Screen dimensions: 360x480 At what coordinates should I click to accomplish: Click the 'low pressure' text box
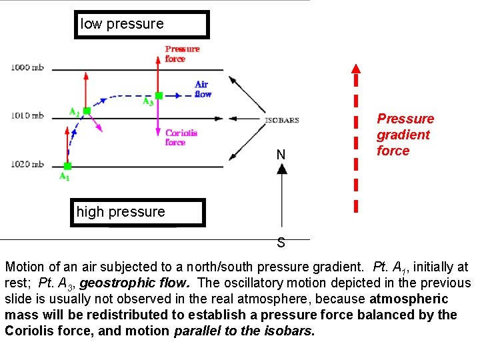tap(141, 25)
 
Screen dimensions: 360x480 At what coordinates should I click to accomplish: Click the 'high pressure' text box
tap(137, 213)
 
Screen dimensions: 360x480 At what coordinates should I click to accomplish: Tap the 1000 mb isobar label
tap(27, 67)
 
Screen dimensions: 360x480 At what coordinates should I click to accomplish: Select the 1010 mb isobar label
tap(27, 116)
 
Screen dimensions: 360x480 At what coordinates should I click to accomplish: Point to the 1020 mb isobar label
tap(27, 165)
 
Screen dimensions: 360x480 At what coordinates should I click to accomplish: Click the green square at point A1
tap(67, 166)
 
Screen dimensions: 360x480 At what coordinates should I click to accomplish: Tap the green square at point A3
tap(159, 96)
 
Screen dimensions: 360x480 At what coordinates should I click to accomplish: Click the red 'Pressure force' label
tap(181, 53)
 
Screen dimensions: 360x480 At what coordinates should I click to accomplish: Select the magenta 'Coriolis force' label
tap(181, 137)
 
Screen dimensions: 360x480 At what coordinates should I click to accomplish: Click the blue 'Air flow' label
tap(203, 89)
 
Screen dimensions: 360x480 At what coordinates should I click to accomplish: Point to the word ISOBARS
tap(282, 121)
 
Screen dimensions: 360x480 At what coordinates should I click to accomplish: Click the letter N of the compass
tap(281, 155)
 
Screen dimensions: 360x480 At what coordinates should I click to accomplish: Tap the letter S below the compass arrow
tap(281, 243)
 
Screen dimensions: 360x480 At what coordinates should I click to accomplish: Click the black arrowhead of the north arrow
tap(282, 168)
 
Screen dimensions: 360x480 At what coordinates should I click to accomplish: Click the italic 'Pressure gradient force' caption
tap(405, 135)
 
